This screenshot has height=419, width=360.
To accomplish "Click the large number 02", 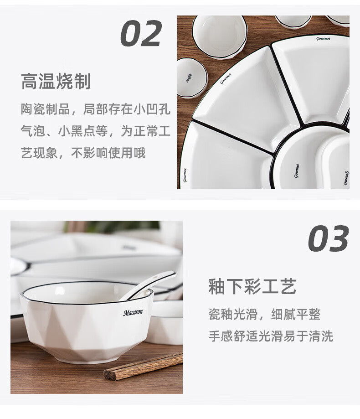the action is point(141,33).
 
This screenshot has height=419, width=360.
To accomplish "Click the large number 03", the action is point(329,238).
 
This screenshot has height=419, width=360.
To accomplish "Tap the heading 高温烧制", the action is point(56,81).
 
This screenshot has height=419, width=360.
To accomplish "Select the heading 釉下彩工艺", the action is point(252,286).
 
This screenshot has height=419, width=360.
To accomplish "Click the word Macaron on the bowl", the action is point(133,312).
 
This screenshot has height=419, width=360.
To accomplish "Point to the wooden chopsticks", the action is point(143,366).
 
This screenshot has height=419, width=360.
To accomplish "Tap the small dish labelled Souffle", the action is point(192,78).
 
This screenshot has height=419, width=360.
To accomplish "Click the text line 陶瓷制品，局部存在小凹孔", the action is point(96,109).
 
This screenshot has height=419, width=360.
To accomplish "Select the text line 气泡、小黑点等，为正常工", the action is point(96,131).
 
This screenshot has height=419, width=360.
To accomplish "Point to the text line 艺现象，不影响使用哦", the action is point(83,153).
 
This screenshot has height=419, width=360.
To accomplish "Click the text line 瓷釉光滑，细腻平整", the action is point(264,314).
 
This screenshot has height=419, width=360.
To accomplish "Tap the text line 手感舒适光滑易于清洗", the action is point(271,336).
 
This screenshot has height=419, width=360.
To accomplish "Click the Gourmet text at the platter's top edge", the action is point(323,39).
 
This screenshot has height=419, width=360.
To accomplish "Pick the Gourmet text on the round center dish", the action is point(297,171).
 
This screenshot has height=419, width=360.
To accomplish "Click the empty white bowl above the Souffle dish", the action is point(220,36).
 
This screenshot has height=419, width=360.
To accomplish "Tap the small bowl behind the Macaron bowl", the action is point(164,322).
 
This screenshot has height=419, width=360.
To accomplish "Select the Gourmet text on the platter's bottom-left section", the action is point(185,175).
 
